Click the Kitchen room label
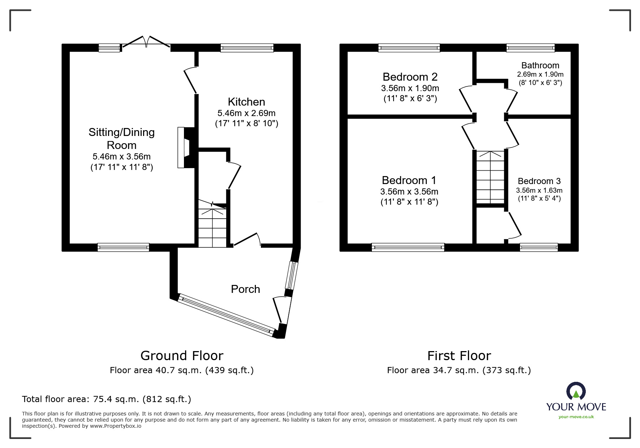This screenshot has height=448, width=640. [x=246, y=102]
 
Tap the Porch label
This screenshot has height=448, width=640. [x=245, y=289]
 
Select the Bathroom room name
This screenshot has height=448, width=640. [x=540, y=65]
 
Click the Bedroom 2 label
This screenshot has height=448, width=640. [x=410, y=77]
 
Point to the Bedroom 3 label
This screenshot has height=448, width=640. [x=539, y=181]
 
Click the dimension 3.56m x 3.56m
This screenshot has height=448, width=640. [x=409, y=192]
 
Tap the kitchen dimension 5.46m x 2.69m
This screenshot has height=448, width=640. [x=246, y=113]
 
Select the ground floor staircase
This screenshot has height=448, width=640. [x=212, y=226]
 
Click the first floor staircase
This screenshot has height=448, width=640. [x=490, y=177]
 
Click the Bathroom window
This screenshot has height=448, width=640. [x=530, y=48]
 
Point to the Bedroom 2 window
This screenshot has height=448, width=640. [x=409, y=48]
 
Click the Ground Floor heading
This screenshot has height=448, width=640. [x=182, y=356]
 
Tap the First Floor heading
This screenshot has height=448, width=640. [x=459, y=356]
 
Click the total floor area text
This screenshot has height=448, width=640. [x=107, y=399]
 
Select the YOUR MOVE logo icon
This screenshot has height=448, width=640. [x=576, y=392]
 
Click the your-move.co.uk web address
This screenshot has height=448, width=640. [x=576, y=417]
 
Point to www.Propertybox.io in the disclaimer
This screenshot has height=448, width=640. [x=116, y=426]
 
